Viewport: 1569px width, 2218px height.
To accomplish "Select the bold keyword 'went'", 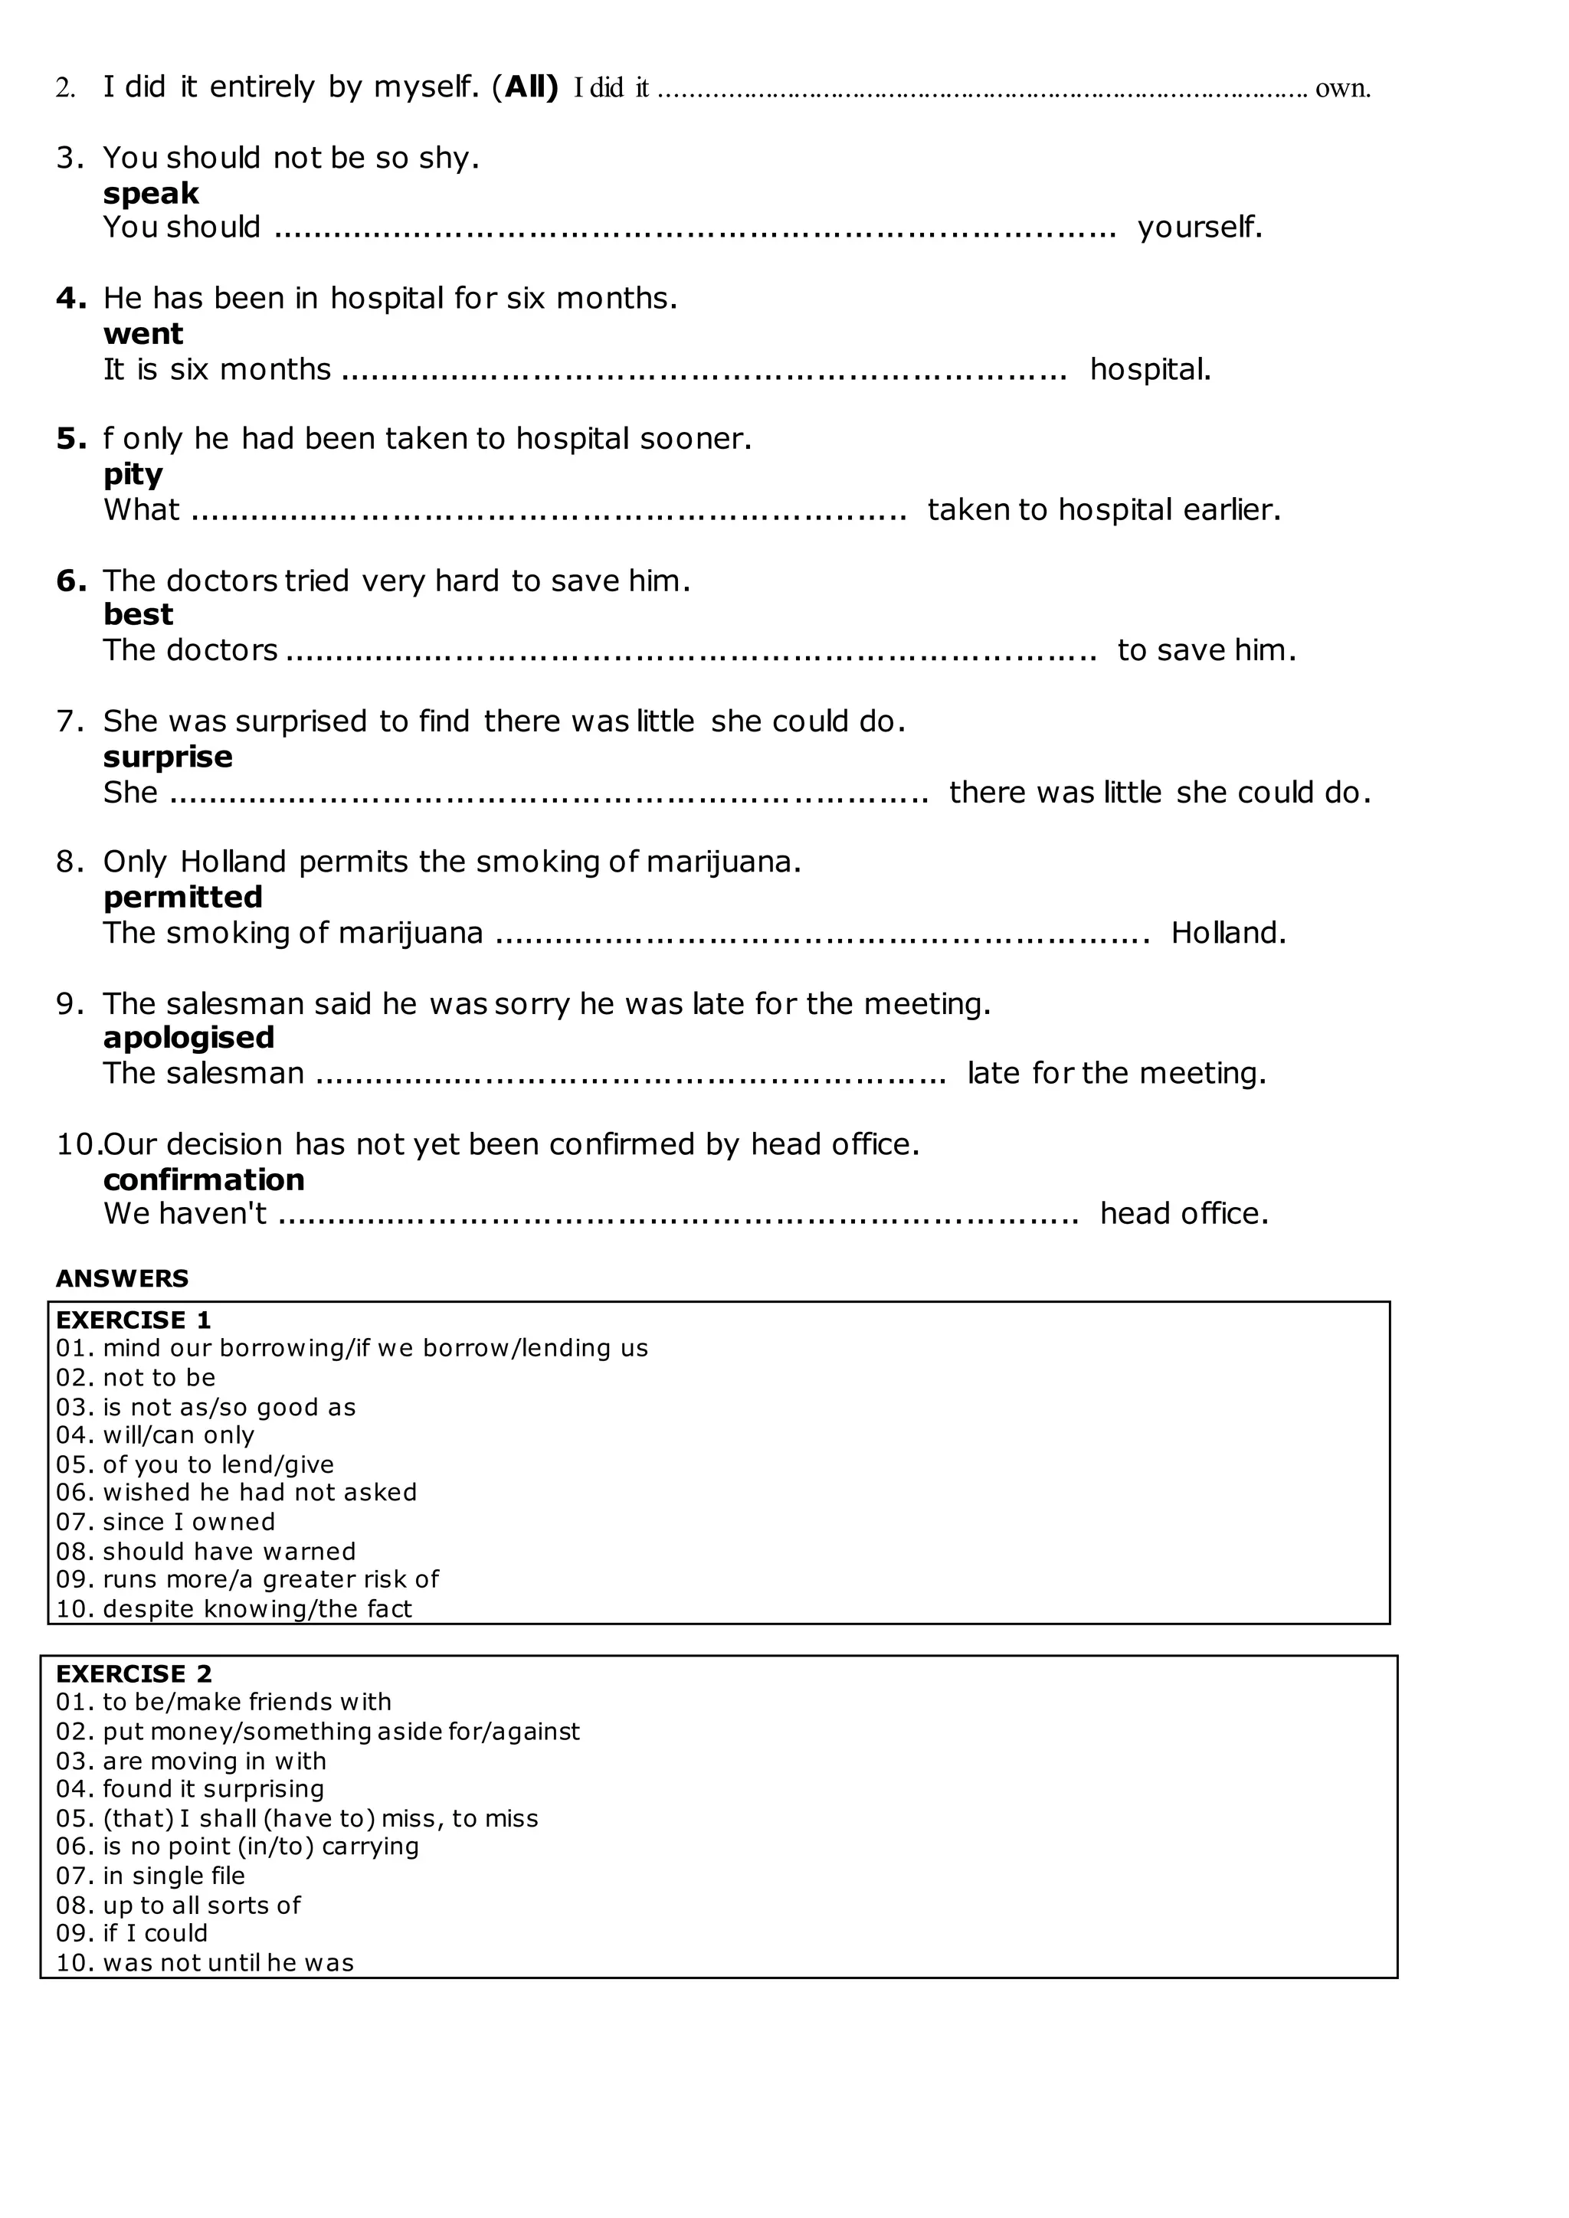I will click(143, 333).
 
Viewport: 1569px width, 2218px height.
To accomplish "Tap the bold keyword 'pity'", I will click(133, 474).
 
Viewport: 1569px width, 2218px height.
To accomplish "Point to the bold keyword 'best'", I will click(138, 614).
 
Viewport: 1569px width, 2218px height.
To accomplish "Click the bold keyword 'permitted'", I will click(182, 897).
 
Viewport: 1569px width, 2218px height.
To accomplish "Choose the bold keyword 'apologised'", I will click(188, 1038).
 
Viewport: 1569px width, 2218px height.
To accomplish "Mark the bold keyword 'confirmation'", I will click(204, 1179).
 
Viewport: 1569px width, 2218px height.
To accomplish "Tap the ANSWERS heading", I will click(122, 1278).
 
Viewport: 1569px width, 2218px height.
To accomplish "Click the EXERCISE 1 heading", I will click(133, 1320).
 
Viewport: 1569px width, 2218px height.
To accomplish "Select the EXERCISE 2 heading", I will click(133, 1673).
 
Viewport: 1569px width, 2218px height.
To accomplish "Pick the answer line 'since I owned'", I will click(188, 1522).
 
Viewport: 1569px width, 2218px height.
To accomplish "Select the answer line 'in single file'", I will click(174, 1875).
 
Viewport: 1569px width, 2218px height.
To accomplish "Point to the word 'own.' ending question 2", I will click(1342, 88).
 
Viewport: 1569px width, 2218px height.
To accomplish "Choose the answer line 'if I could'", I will click(155, 1933).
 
